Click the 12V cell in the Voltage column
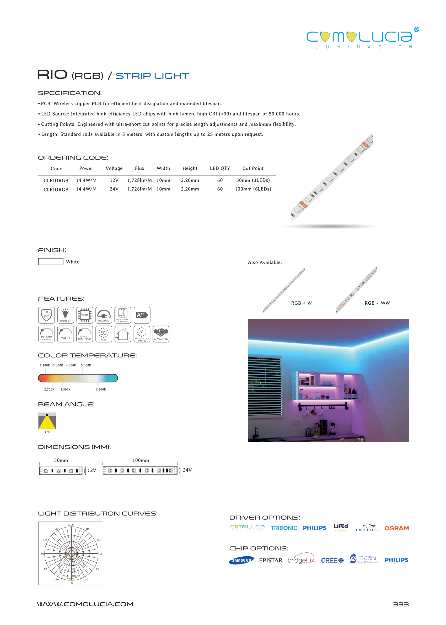(114, 180)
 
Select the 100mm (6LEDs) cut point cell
(253, 189)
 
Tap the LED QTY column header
(220, 168)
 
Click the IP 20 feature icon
(46, 315)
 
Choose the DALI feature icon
(65, 334)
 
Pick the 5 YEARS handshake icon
(161, 334)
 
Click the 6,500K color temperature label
(100, 389)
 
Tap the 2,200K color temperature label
(45, 365)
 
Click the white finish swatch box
(51, 261)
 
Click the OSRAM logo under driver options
(396, 528)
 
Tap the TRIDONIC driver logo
(284, 528)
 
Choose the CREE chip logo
(332, 560)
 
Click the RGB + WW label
(377, 303)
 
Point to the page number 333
(400, 604)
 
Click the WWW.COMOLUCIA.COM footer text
(85, 604)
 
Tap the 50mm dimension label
(61, 460)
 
